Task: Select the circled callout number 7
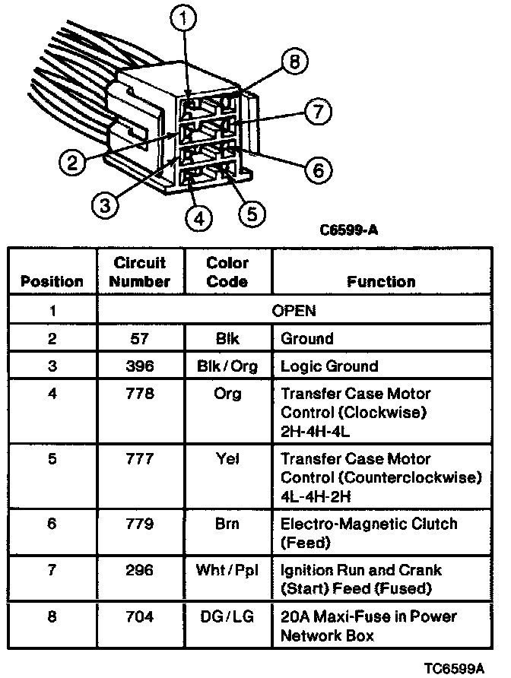pyautogui.click(x=317, y=112)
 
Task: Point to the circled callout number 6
pyautogui.click(x=318, y=169)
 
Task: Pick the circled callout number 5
pyautogui.click(x=252, y=211)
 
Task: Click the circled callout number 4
pyautogui.click(x=198, y=217)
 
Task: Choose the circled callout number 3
pyautogui.click(x=106, y=203)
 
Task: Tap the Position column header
pyautogui.click(x=52, y=281)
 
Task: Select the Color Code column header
pyautogui.click(x=227, y=272)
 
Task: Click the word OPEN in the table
pyautogui.click(x=294, y=310)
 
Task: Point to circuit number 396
pyautogui.click(x=141, y=366)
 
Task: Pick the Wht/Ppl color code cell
pyautogui.click(x=227, y=570)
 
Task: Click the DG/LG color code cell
pyautogui.click(x=227, y=616)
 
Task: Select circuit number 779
pyautogui.click(x=141, y=524)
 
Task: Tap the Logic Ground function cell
pyautogui.click(x=329, y=366)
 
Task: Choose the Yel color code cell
pyautogui.click(x=227, y=459)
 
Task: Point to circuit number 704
pyautogui.click(x=141, y=616)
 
